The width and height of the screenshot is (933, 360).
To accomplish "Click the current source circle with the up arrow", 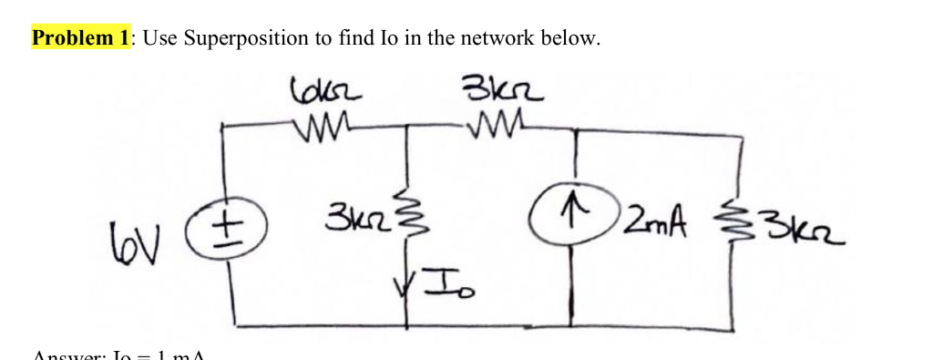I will point(573,222).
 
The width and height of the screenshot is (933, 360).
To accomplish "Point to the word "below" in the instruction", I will point(572,38).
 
